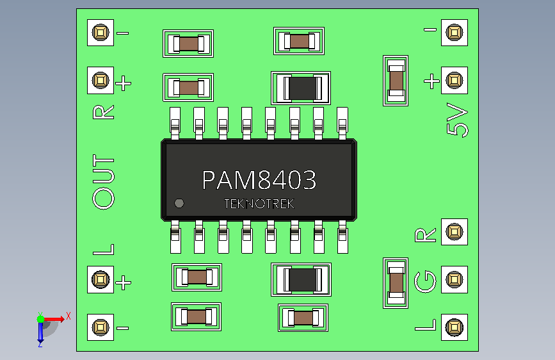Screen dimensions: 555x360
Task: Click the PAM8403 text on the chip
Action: tap(259, 180)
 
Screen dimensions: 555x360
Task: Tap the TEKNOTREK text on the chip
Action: tap(259, 204)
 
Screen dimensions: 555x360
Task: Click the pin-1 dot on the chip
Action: tap(179, 203)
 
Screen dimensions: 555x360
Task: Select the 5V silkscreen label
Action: tap(457, 119)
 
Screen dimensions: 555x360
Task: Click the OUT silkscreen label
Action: tap(103, 181)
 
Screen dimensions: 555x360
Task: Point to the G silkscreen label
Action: tap(425, 282)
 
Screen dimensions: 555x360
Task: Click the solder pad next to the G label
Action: tap(454, 279)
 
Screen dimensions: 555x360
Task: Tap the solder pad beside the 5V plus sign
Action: tap(454, 81)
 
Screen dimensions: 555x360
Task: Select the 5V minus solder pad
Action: tap(454, 33)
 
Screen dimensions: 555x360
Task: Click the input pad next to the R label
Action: tap(454, 232)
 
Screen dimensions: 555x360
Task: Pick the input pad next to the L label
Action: tap(454, 327)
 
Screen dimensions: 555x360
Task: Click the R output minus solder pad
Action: tap(101, 33)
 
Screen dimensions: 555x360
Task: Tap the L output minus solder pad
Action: tap(101, 327)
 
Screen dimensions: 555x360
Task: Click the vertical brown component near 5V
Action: tap(396, 81)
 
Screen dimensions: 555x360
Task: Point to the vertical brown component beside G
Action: tap(396, 283)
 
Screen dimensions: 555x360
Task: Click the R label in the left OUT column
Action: tap(103, 112)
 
